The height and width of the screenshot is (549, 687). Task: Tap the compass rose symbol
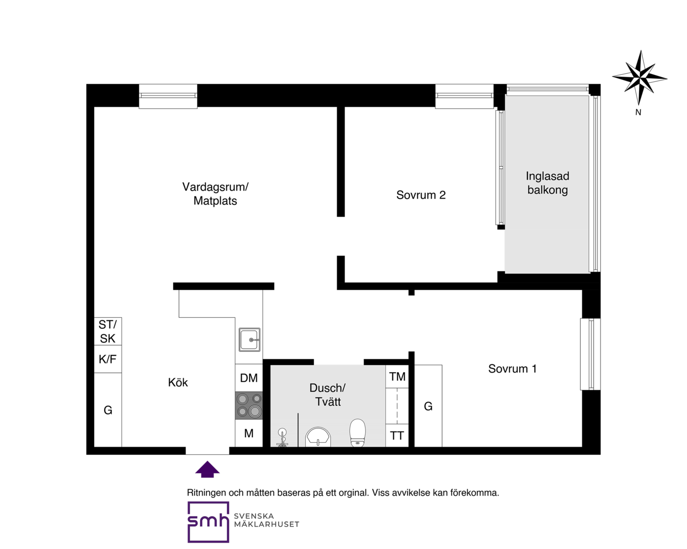coord(639,78)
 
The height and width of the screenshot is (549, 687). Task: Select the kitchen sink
coord(249,340)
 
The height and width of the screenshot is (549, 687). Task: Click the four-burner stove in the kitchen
coord(249,405)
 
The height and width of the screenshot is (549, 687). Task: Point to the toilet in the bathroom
coord(357,433)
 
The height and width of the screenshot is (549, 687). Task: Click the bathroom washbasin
coord(318,437)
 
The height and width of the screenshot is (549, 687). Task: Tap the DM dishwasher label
coord(249,378)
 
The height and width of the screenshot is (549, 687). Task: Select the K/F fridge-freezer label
coord(108,359)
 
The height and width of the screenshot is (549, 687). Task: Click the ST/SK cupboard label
coord(108,331)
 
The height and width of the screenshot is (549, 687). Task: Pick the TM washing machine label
coord(397,377)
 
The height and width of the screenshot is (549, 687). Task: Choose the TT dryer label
coord(397,436)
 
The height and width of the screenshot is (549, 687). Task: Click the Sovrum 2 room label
coord(421,195)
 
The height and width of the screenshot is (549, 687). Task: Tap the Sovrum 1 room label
coord(513,369)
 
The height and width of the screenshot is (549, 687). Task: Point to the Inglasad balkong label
coord(548,183)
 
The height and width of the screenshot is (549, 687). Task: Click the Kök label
coord(178,382)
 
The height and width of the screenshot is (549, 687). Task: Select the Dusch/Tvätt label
coord(327,394)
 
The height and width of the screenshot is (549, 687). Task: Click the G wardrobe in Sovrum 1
coord(428,406)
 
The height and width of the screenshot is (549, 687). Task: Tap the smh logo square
coord(208,522)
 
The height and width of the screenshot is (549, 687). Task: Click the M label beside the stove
coord(249,433)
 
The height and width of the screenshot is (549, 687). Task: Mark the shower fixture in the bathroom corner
coord(282,438)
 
